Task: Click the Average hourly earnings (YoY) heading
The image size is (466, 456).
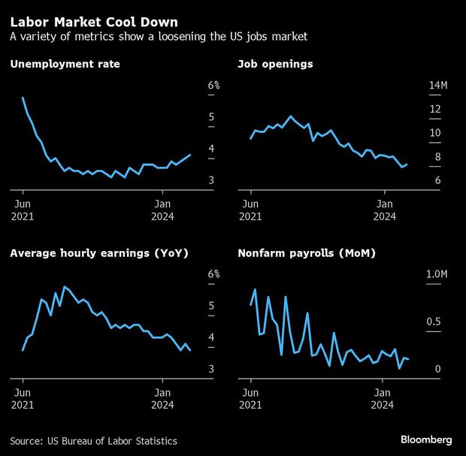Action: (98, 253)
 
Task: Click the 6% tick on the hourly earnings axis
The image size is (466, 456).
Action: (213, 275)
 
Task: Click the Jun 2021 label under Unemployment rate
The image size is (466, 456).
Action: (23, 210)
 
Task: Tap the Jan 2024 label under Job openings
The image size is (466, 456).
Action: (385, 210)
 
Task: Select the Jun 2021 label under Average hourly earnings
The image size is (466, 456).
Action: (23, 399)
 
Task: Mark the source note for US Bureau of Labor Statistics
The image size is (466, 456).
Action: (94, 440)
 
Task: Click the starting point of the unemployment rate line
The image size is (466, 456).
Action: (23, 98)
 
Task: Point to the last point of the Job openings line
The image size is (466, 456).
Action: (407, 164)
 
